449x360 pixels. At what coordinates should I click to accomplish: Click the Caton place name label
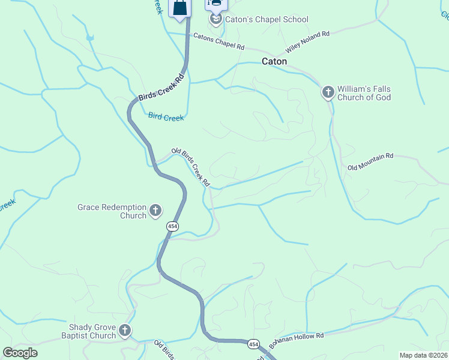[274, 61]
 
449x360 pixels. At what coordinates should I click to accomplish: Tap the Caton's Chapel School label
[267, 19]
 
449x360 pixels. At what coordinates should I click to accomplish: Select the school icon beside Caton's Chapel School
[215, 20]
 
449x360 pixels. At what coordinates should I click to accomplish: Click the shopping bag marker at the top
[180, 9]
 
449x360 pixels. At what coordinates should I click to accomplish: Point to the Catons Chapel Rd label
[219, 41]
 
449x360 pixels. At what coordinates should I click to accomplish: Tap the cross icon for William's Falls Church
[328, 92]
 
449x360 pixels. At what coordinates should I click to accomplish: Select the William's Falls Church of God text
[364, 93]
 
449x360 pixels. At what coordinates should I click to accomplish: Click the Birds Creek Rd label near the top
[160, 88]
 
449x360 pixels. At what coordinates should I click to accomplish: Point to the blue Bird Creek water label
[166, 118]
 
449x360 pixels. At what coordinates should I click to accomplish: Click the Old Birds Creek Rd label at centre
[191, 166]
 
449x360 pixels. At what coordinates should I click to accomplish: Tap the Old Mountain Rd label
[370, 161]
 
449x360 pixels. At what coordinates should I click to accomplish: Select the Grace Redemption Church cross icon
[155, 210]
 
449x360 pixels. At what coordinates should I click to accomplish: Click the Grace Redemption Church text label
[112, 211]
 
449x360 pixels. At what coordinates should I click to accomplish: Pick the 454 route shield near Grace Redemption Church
[173, 226]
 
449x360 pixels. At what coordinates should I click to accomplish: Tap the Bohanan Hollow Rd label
[297, 340]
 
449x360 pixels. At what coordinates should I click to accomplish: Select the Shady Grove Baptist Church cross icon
[125, 330]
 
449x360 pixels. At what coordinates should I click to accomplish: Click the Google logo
[20, 353]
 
